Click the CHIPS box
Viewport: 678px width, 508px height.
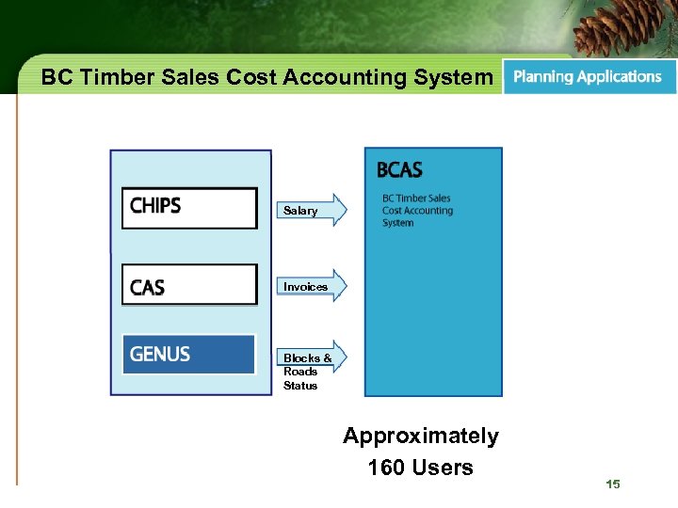pyautogui.click(x=189, y=208)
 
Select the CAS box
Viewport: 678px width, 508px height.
pyautogui.click(x=189, y=284)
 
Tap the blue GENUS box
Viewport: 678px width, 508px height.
pyautogui.click(x=189, y=355)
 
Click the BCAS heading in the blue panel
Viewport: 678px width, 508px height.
pyautogui.click(x=399, y=170)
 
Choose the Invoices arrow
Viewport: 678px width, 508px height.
pyautogui.click(x=312, y=286)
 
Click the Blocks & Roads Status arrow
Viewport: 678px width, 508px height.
pyautogui.click(x=312, y=357)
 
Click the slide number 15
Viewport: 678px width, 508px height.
pyautogui.click(x=613, y=484)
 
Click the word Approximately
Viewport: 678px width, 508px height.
pyautogui.click(x=421, y=437)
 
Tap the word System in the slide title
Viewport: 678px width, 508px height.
pyautogui.click(x=452, y=78)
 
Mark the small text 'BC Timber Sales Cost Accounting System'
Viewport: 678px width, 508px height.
pyautogui.click(x=417, y=211)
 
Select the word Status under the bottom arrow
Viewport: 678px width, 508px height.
pyautogui.click(x=300, y=386)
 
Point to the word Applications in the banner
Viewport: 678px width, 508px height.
pyautogui.click(x=619, y=77)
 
